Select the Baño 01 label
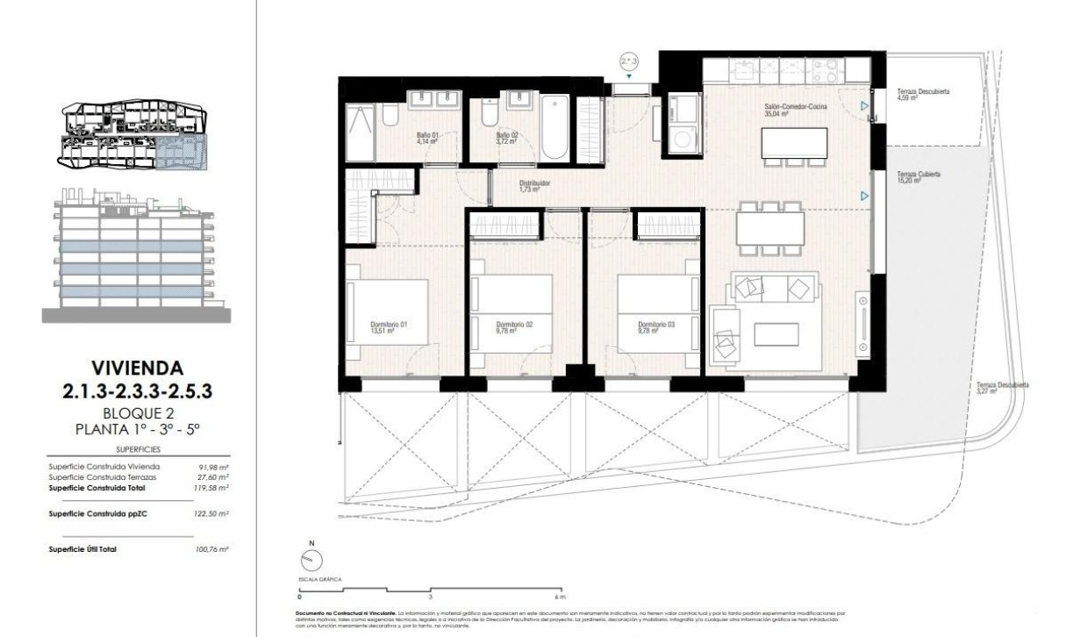tap(426, 139)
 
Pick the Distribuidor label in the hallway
tap(533, 186)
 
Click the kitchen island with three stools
tap(795, 141)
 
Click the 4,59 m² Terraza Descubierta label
tap(923, 95)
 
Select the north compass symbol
tap(309, 559)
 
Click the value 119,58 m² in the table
tap(212, 487)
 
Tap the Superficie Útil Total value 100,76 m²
tap(212, 548)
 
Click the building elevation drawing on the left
tap(136, 254)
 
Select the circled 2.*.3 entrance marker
tap(629, 61)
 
